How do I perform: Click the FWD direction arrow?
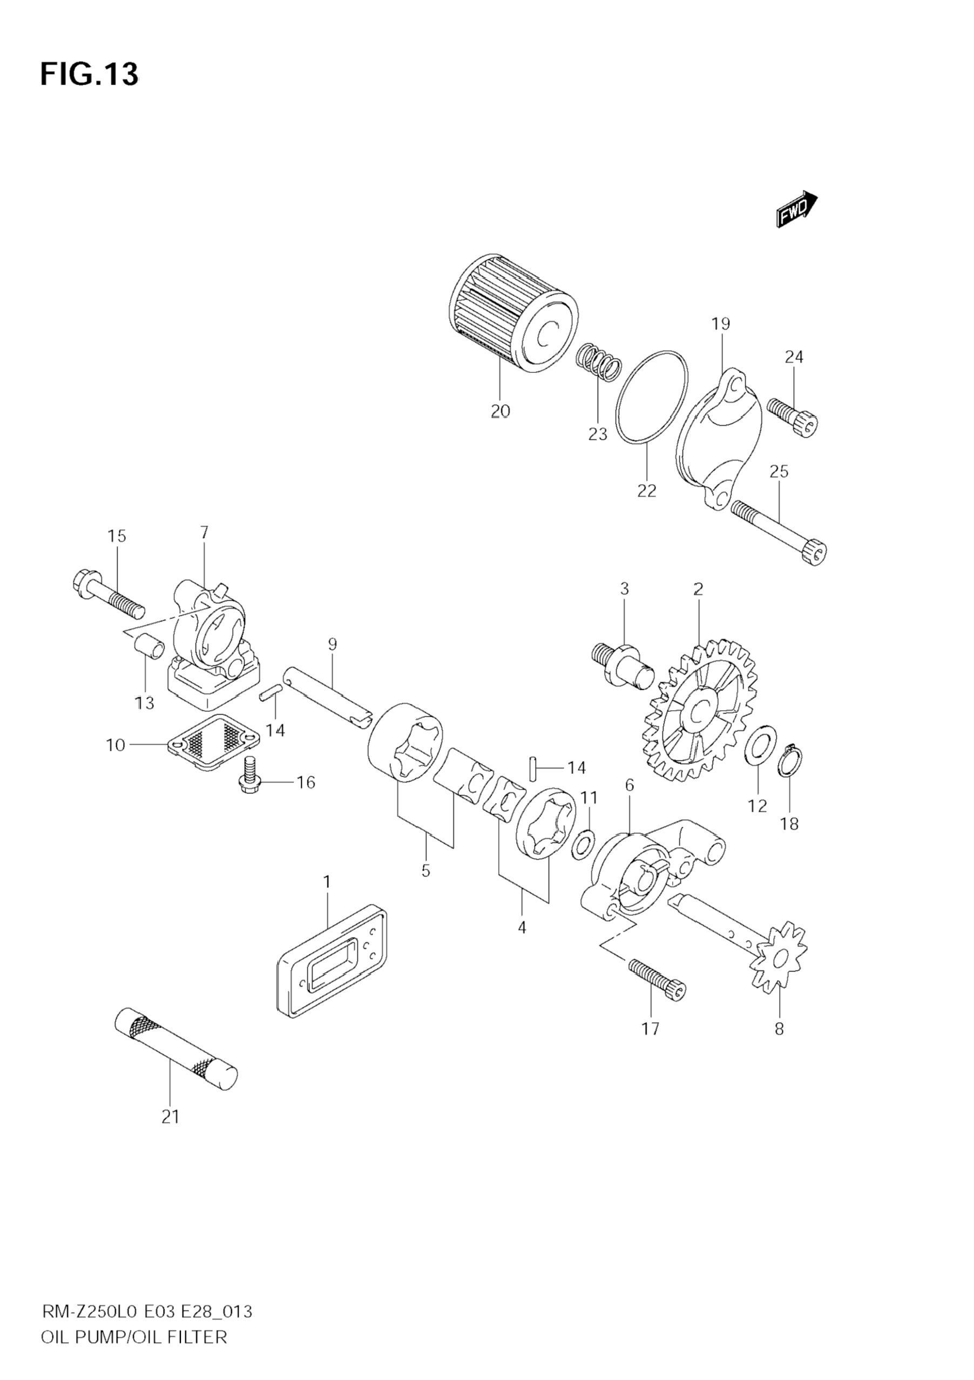pyautogui.click(x=796, y=210)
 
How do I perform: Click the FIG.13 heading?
pyautogui.click(x=89, y=74)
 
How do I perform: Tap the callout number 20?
pyautogui.click(x=500, y=411)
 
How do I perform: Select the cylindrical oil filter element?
pyautogui.click(x=513, y=310)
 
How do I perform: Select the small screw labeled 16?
pyautogui.click(x=248, y=775)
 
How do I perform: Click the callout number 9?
pyautogui.click(x=333, y=644)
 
